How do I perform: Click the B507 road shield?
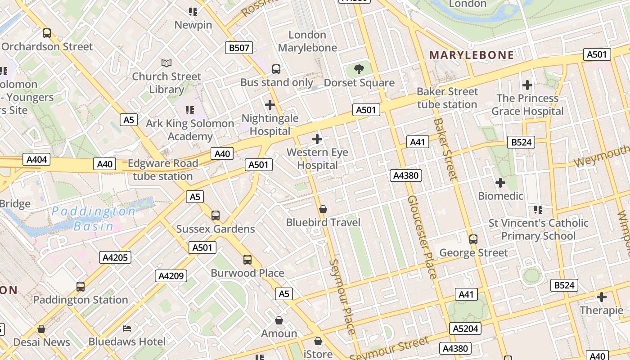(239, 48)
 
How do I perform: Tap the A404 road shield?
(36, 160)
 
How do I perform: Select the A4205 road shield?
(116, 257)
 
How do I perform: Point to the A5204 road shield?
(465, 328)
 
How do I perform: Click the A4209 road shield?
(171, 275)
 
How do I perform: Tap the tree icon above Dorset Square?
(359, 69)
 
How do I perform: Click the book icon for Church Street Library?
(166, 63)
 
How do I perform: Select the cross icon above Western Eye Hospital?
(317, 139)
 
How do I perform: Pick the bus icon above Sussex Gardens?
(216, 216)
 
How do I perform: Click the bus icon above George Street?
(473, 239)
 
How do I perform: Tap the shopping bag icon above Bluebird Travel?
(323, 209)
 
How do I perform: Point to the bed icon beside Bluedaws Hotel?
(127, 328)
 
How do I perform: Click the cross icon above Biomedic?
(500, 183)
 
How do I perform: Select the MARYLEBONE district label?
(472, 55)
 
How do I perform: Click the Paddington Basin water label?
(94, 218)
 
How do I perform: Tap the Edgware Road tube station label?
(163, 170)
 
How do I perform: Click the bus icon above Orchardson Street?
(47, 33)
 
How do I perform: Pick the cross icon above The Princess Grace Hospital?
(527, 85)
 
